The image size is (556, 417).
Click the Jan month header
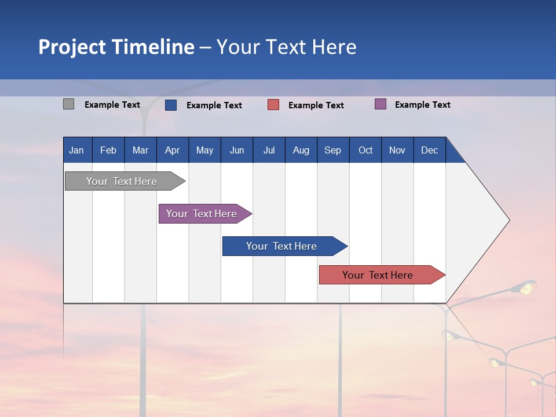coord(76,150)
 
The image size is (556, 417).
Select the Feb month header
coord(108,150)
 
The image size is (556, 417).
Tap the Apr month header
coord(172,150)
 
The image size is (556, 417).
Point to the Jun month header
coord(236,150)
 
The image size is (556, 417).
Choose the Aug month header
coord(301,150)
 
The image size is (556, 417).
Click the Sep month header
coord(332,150)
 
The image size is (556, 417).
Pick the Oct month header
coord(365,150)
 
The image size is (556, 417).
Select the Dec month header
coord(429,150)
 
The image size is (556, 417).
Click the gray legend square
coord(68,104)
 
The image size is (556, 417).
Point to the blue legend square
coord(171,105)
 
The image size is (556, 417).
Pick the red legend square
coord(273,105)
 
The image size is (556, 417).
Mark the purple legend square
coord(380,104)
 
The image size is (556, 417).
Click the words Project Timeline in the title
coord(116,47)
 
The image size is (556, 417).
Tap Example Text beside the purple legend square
coord(422,105)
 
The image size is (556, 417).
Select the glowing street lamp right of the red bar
coord(527,286)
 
